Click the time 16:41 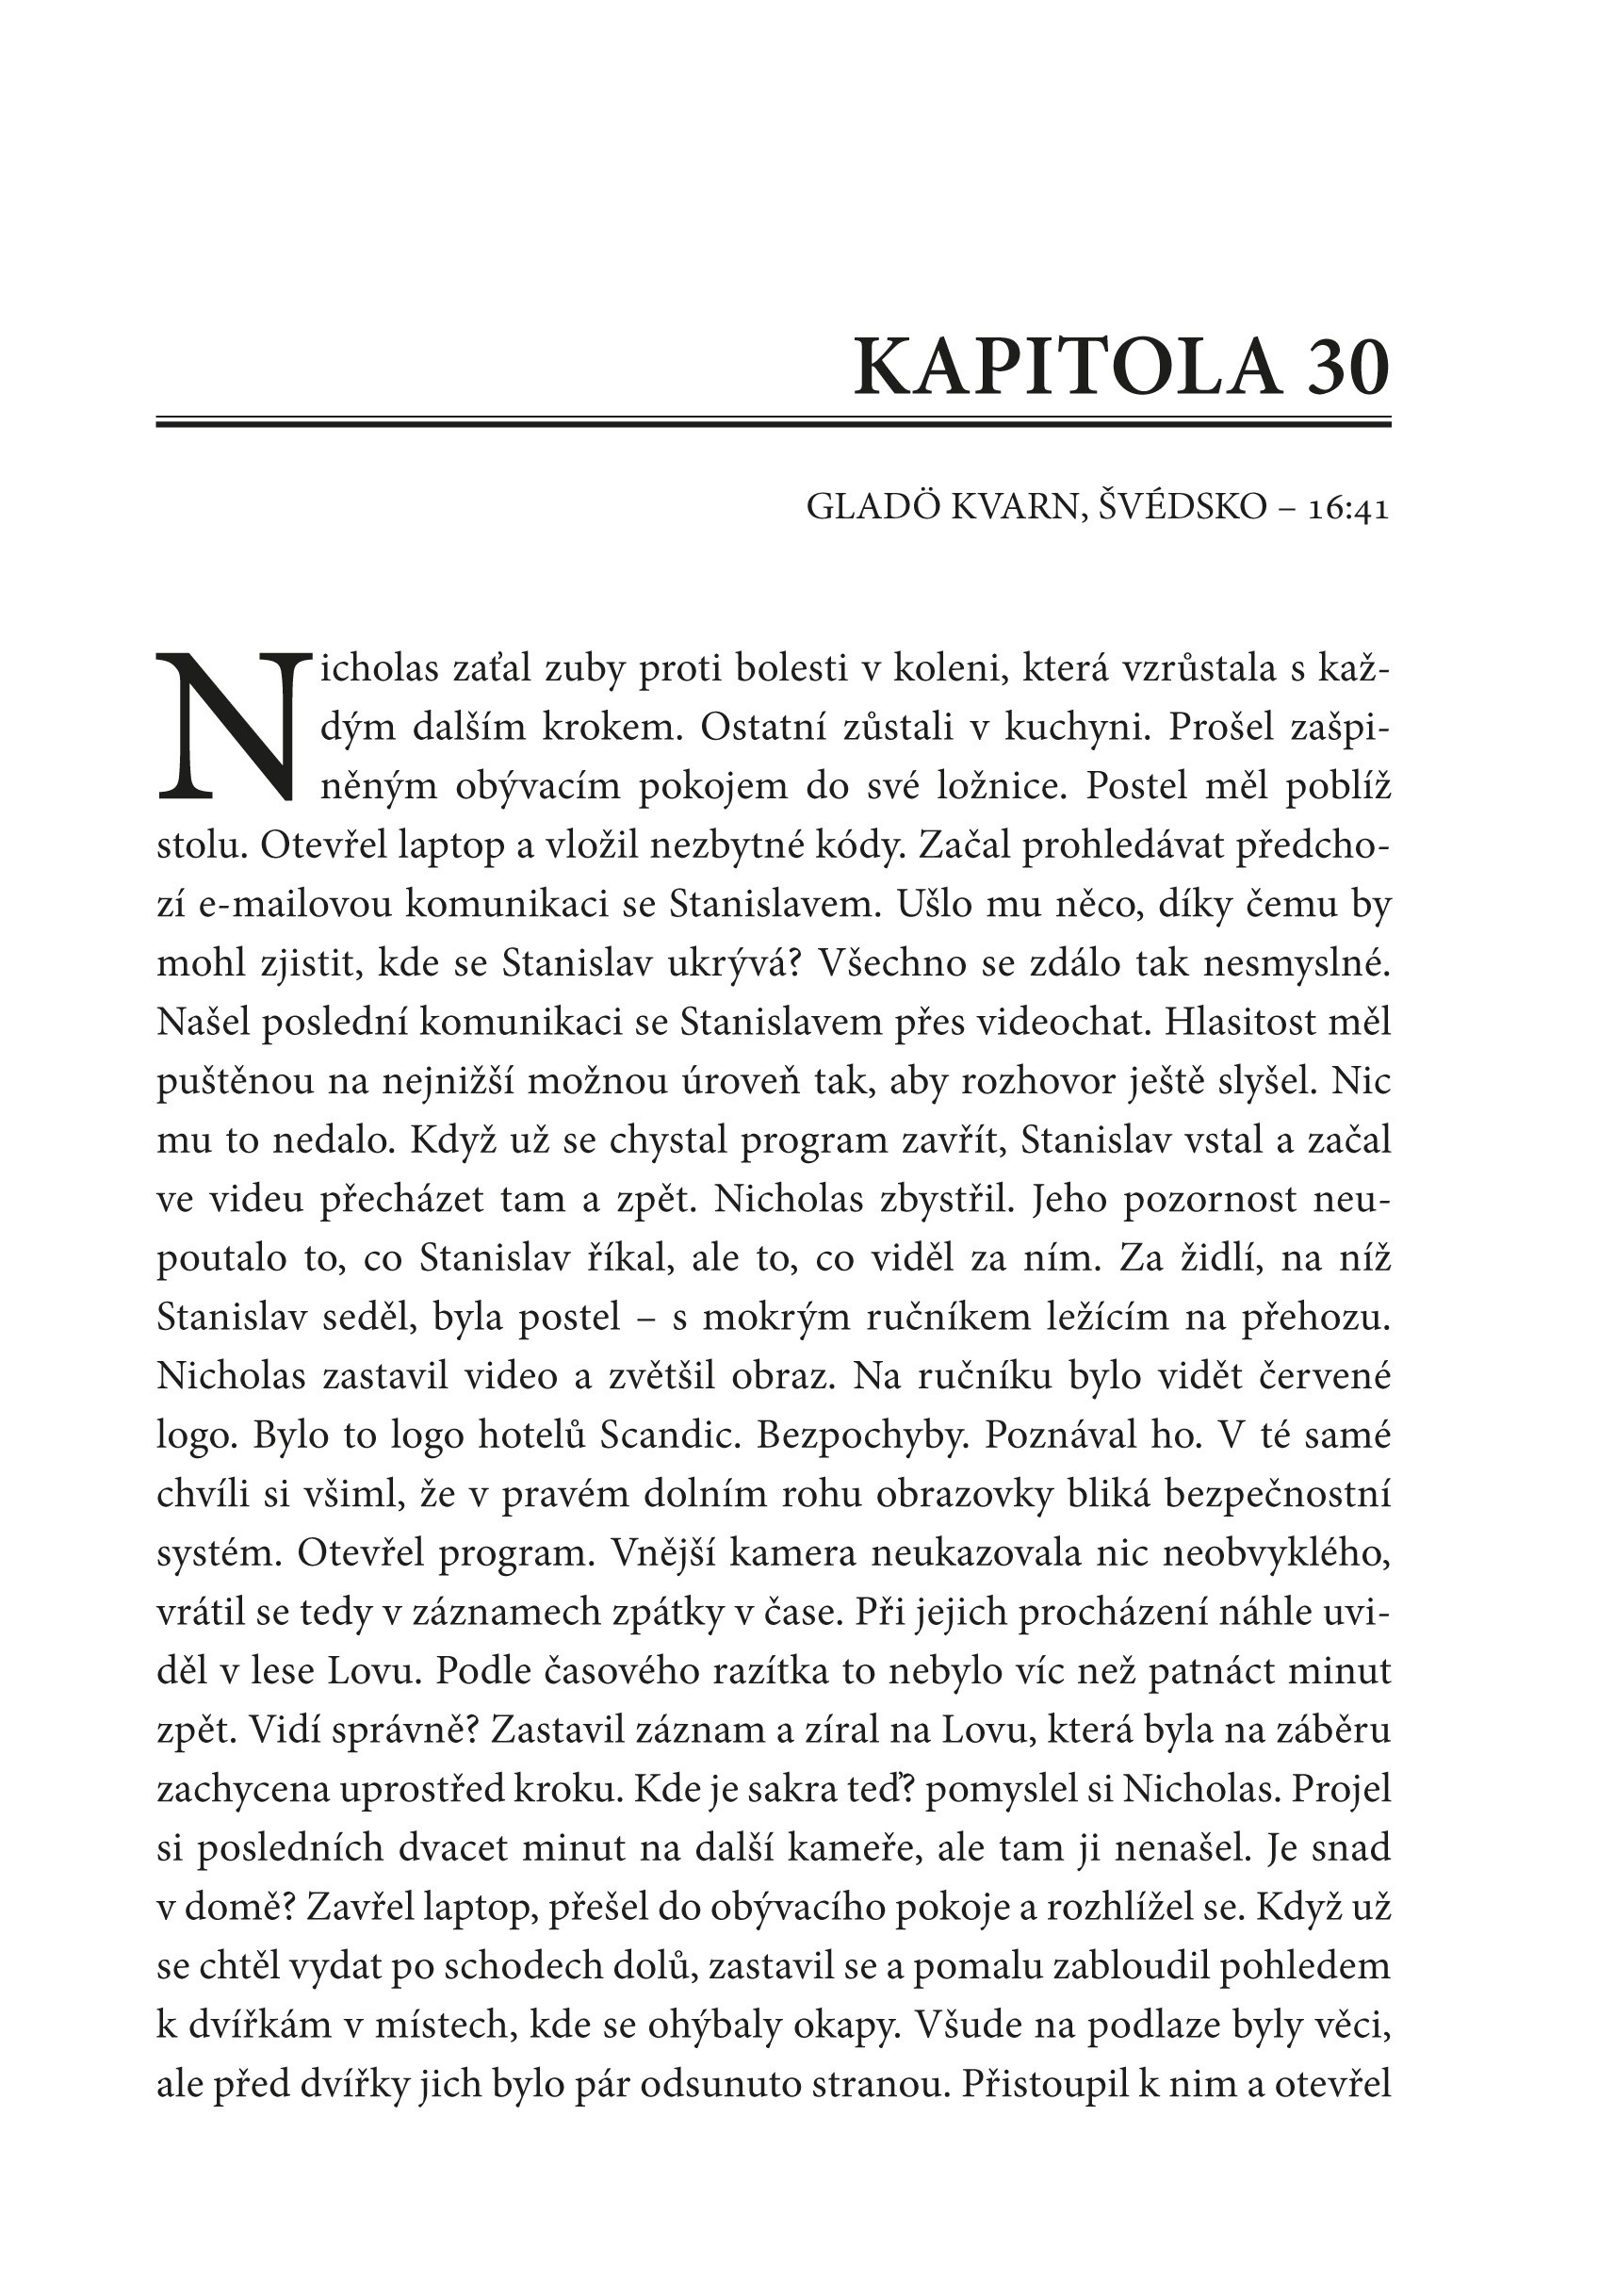pos(1348,508)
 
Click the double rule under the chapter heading pos(774,424)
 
